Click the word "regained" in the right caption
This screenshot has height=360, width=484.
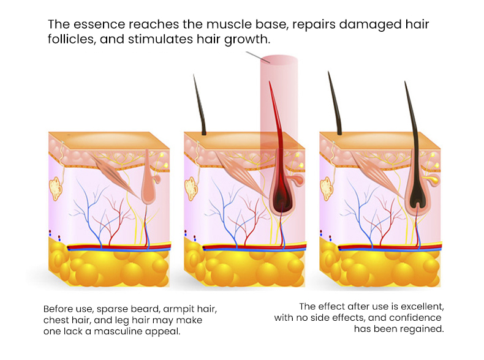coord(422,329)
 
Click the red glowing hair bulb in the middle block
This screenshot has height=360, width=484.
coord(281,203)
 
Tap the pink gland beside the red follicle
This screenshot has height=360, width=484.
coord(297,180)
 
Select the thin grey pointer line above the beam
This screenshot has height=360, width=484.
coord(256,56)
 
